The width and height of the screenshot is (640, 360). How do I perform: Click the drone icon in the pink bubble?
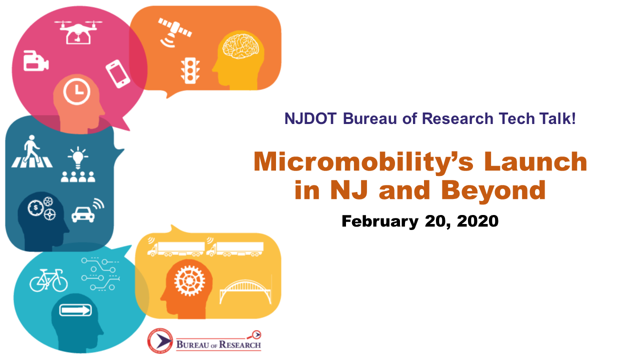click(78, 32)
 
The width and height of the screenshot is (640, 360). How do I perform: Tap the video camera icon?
click(35, 60)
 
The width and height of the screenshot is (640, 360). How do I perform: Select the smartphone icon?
click(117, 73)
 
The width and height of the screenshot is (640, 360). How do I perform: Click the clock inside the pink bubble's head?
click(76, 92)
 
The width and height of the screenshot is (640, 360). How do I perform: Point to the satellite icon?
click(174, 32)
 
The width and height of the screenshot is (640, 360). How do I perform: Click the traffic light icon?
click(190, 71)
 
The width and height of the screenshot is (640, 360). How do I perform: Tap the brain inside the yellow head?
click(241, 46)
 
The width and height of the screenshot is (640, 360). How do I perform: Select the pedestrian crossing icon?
click(32, 151)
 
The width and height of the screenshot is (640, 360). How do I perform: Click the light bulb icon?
click(77, 157)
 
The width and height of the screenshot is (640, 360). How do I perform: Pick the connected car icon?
click(87, 211)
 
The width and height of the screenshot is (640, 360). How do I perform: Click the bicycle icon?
click(48, 280)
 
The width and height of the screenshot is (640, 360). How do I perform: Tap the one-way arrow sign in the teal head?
click(75, 310)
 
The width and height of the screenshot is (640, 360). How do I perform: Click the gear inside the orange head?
click(189, 281)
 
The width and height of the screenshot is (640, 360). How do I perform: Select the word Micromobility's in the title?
click(363, 162)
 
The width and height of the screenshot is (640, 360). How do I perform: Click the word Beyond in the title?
click(493, 190)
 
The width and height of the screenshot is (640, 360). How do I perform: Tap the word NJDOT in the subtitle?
click(310, 118)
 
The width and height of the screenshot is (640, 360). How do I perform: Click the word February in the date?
click(380, 221)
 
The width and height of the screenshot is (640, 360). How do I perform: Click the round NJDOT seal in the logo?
click(160, 340)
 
